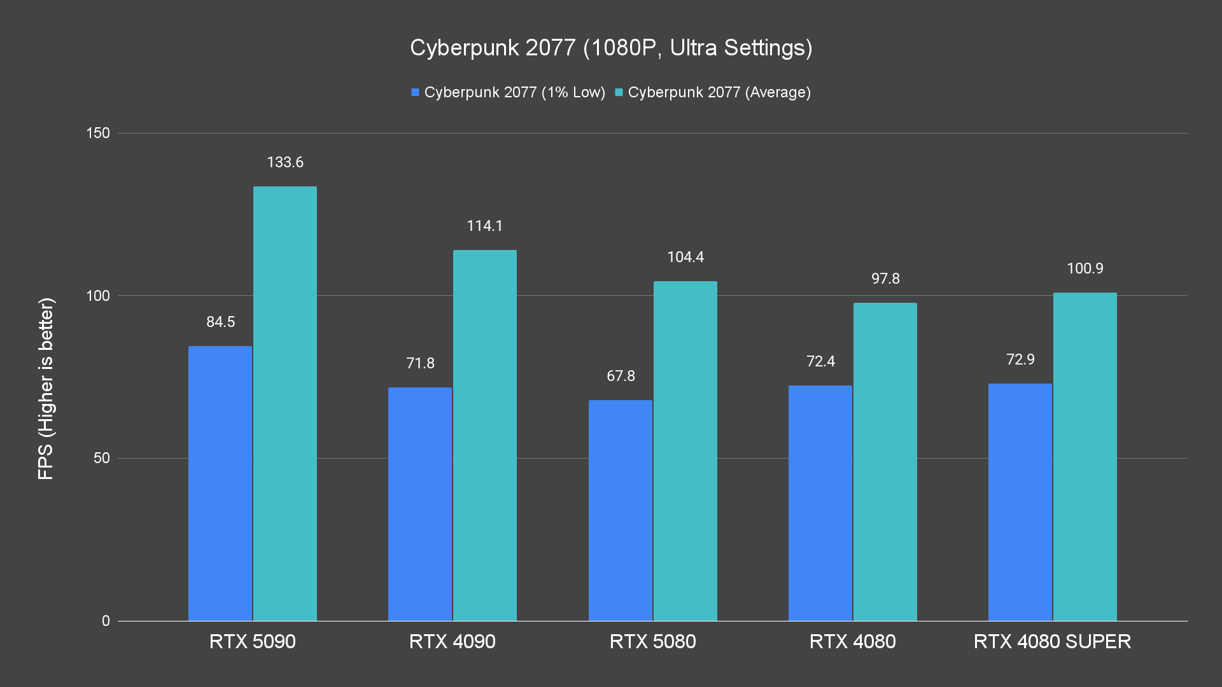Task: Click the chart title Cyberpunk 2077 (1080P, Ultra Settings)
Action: coord(611,48)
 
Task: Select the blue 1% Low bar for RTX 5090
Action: coord(220,483)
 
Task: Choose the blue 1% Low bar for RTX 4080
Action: coord(820,503)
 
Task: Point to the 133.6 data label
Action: coord(285,162)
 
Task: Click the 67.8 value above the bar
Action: coord(621,376)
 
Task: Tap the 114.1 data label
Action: coord(484,226)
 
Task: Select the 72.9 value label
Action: coord(1020,359)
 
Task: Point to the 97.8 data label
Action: coord(885,279)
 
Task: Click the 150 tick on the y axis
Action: coord(98,133)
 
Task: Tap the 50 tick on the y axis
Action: coord(102,458)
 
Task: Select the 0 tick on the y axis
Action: coord(106,621)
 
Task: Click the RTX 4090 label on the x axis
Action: coord(452,641)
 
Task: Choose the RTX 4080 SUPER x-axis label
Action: coord(1052,641)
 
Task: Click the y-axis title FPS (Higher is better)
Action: coord(46,388)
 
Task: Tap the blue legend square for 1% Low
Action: coord(415,92)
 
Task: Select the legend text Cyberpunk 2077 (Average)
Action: coord(719,92)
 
